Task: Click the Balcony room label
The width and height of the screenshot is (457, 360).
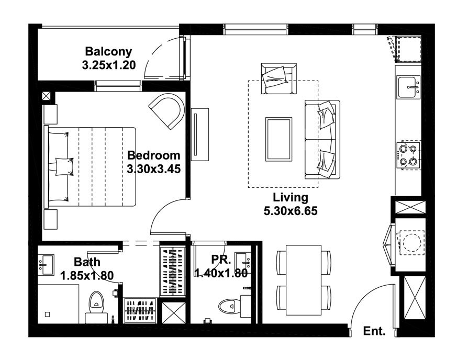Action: click(108, 52)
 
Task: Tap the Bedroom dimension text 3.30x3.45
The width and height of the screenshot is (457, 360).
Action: click(153, 169)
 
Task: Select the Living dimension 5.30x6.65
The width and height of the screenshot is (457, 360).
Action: click(291, 211)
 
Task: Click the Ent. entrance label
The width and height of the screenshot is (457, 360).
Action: click(374, 331)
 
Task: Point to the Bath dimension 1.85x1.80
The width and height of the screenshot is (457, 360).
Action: click(87, 275)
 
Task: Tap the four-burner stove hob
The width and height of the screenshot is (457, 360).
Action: click(408, 155)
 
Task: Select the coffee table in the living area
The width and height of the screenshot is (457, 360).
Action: click(278, 139)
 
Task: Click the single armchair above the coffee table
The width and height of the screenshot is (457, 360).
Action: click(278, 78)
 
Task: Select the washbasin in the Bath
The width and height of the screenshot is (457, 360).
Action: click(46, 265)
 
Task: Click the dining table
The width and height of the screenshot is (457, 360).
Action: click(304, 280)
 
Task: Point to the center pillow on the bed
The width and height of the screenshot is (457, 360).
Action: click(64, 166)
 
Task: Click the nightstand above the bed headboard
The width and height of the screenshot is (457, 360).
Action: click(50, 114)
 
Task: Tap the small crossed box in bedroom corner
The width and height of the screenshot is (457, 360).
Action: click(47, 96)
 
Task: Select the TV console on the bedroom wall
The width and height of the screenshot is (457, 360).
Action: click(200, 134)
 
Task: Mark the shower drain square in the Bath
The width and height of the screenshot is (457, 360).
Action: click(47, 314)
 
